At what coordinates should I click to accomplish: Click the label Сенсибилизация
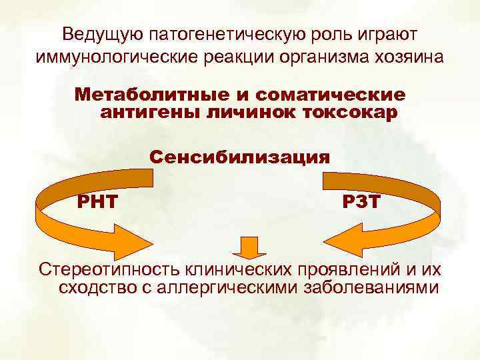(240, 157)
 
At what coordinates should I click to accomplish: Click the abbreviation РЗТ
(361, 201)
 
